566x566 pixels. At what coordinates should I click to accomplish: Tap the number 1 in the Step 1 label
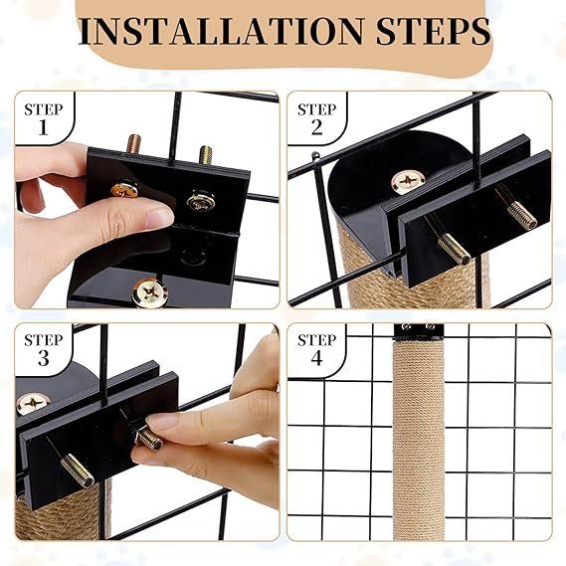(x=44, y=127)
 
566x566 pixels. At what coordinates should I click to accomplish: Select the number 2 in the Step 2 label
(x=316, y=127)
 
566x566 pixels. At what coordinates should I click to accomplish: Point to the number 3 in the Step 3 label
(x=44, y=358)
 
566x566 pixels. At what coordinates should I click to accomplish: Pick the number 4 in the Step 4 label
(x=316, y=358)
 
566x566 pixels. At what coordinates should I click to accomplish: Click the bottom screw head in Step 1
(x=150, y=292)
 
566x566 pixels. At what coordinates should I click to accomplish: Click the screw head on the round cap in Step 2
(x=408, y=182)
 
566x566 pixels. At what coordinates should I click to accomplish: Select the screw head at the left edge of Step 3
(x=33, y=404)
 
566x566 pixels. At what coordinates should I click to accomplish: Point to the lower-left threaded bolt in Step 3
(x=78, y=470)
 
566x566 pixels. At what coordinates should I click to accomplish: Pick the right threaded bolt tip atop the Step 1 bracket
(x=205, y=154)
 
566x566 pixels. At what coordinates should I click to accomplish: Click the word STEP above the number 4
(x=316, y=339)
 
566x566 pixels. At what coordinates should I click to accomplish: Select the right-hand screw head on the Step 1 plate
(x=201, y=201)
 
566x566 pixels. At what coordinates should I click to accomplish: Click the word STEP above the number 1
(x=44, y=109)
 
